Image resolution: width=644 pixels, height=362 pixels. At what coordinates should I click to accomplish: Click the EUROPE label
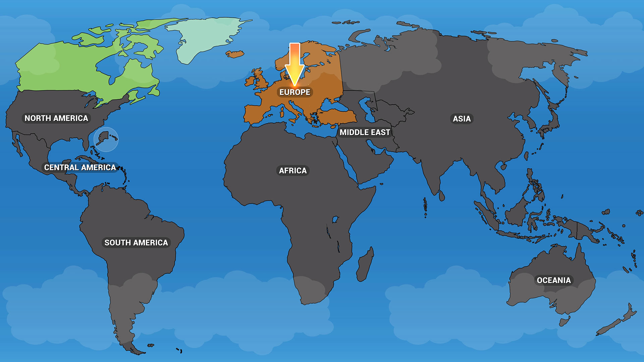pyautogui.click(x=295, y=92)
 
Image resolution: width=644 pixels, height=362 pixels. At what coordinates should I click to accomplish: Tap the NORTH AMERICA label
pyautogui.click(x=56, y=118)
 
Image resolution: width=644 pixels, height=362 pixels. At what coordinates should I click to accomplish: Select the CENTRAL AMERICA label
pyautogui.click(x=80, y=167)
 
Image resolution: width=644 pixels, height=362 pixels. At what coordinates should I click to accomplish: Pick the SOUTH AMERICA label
pyautogui.click(x=136, y=243)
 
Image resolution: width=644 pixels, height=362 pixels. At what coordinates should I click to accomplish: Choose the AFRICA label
pyautogui.click(x=293, y=171)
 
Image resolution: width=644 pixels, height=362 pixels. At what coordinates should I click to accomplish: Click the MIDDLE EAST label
pyautogui.click(x=365, y=132)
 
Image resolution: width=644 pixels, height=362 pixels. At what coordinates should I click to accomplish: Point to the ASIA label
pyautogui.click(x=462, y=119)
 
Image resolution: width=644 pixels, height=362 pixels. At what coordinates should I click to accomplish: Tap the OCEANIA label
pyautogui.click(x=553, y=280)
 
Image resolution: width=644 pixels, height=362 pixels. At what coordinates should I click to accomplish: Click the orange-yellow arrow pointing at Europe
pyautogui.click(x=294, y=64)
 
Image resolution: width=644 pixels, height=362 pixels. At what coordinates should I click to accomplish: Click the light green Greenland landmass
pyautogui.click(x=205, y=37)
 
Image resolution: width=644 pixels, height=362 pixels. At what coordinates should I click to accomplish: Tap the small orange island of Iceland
pyautogui.click(x=234, y=54)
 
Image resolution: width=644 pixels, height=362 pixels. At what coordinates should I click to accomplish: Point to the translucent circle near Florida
pyautogui.click(x=106, y=139)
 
